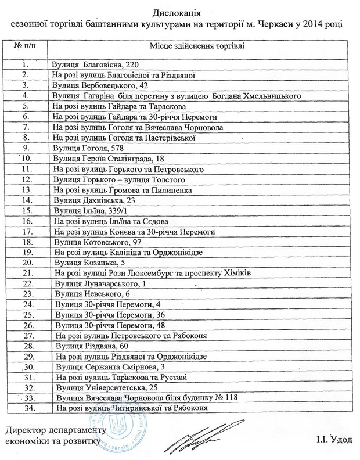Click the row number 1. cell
[x=25, y=64]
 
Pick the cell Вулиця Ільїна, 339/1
[x=88, y=211]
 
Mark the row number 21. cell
[x=25, y=274]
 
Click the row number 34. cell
[x=25, y=409]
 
